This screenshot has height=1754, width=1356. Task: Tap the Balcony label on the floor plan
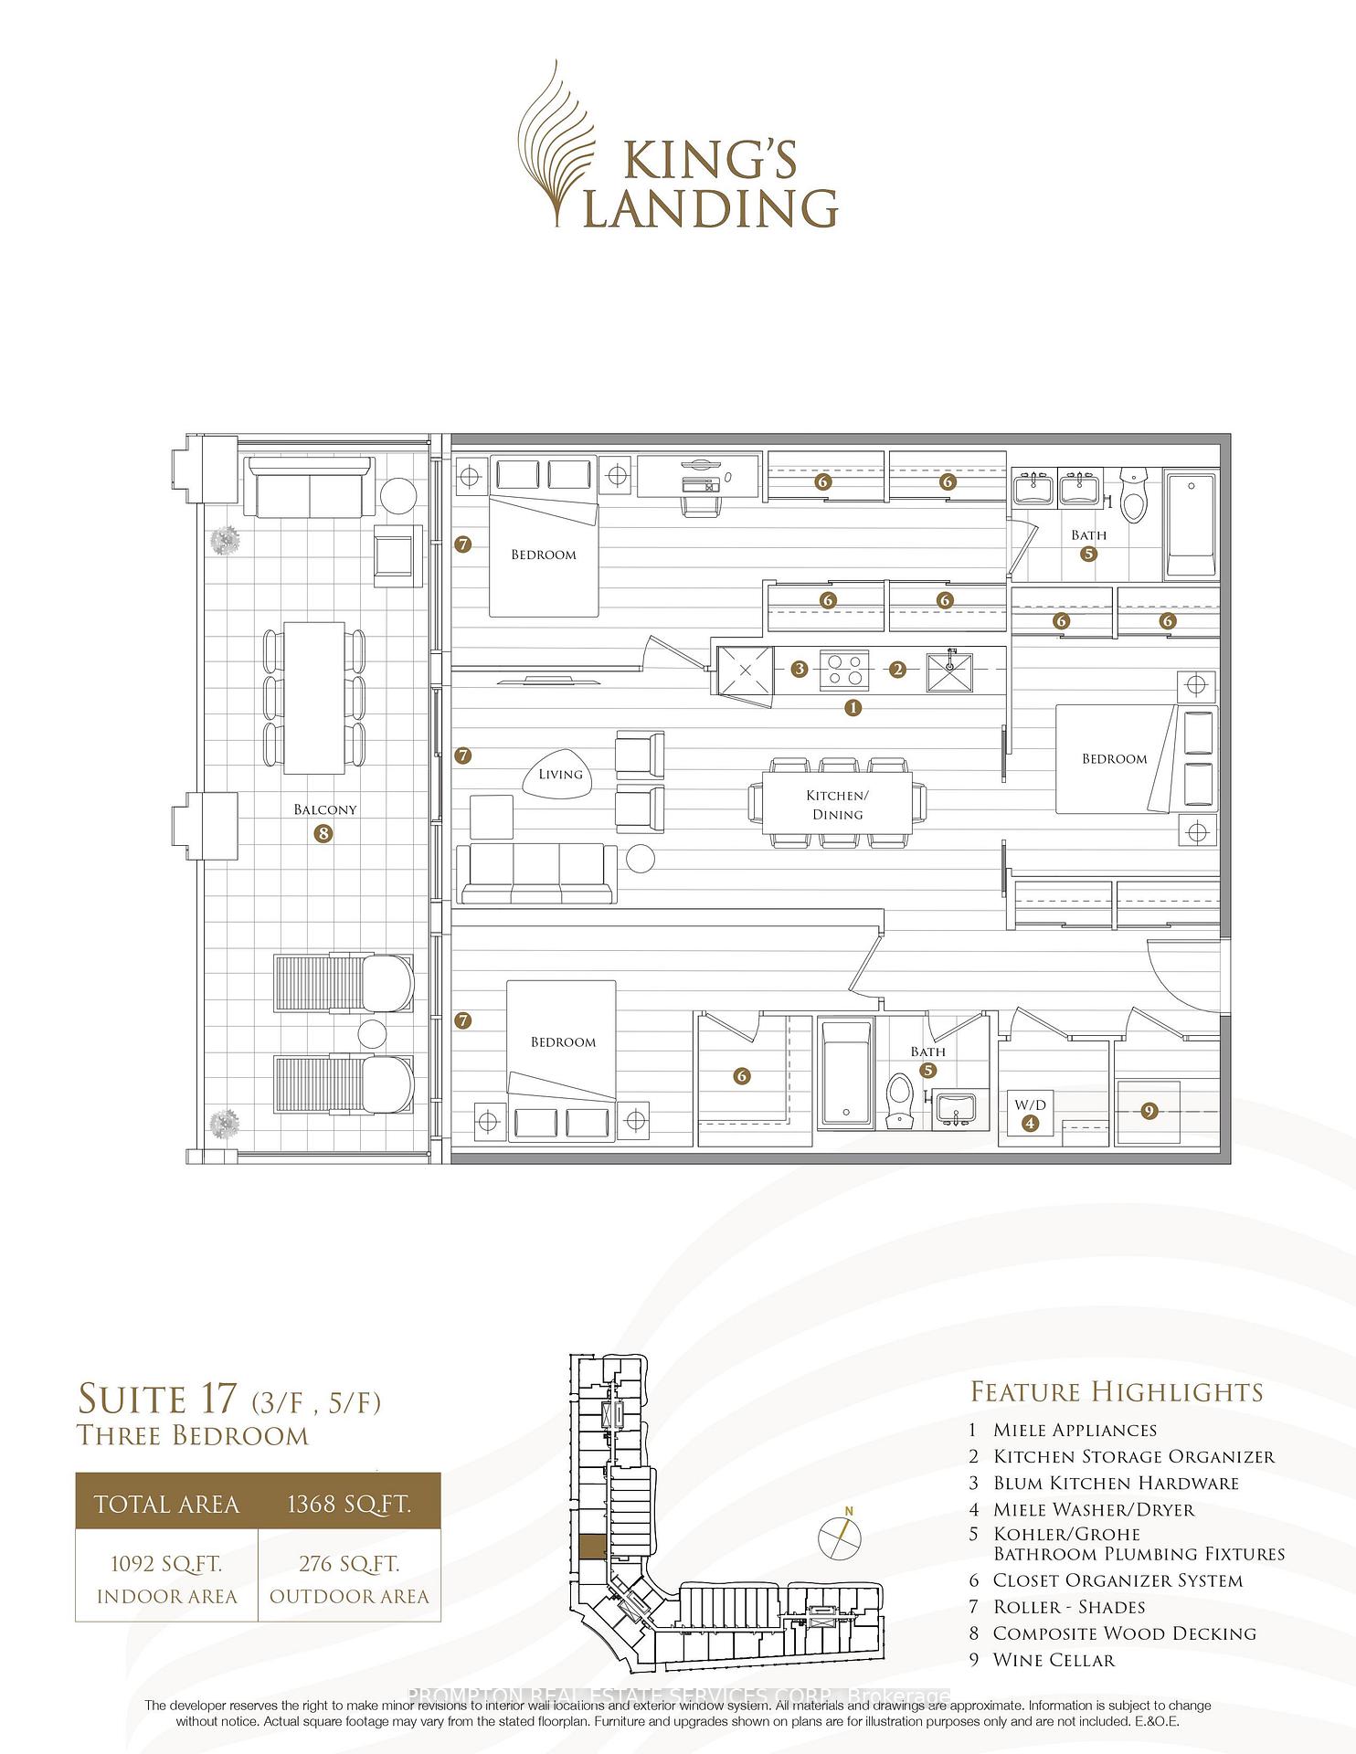pos(325,809)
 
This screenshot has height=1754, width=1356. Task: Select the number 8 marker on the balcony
pos(323,833)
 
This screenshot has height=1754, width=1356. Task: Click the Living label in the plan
pos(560,775)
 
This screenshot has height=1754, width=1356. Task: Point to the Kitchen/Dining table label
pos(837,805)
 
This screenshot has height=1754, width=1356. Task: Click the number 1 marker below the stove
pos(853,707)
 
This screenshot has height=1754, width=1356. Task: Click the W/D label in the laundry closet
pos(1031,1104)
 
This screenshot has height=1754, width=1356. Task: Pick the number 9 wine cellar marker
pos(1149,1111)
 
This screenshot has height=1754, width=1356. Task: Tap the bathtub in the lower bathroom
pos(845,1072)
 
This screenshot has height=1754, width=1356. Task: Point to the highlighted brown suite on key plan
pos(591,1545)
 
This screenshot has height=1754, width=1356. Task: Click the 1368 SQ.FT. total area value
pos(349,1505)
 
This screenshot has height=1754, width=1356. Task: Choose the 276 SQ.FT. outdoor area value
pos(349,1564)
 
